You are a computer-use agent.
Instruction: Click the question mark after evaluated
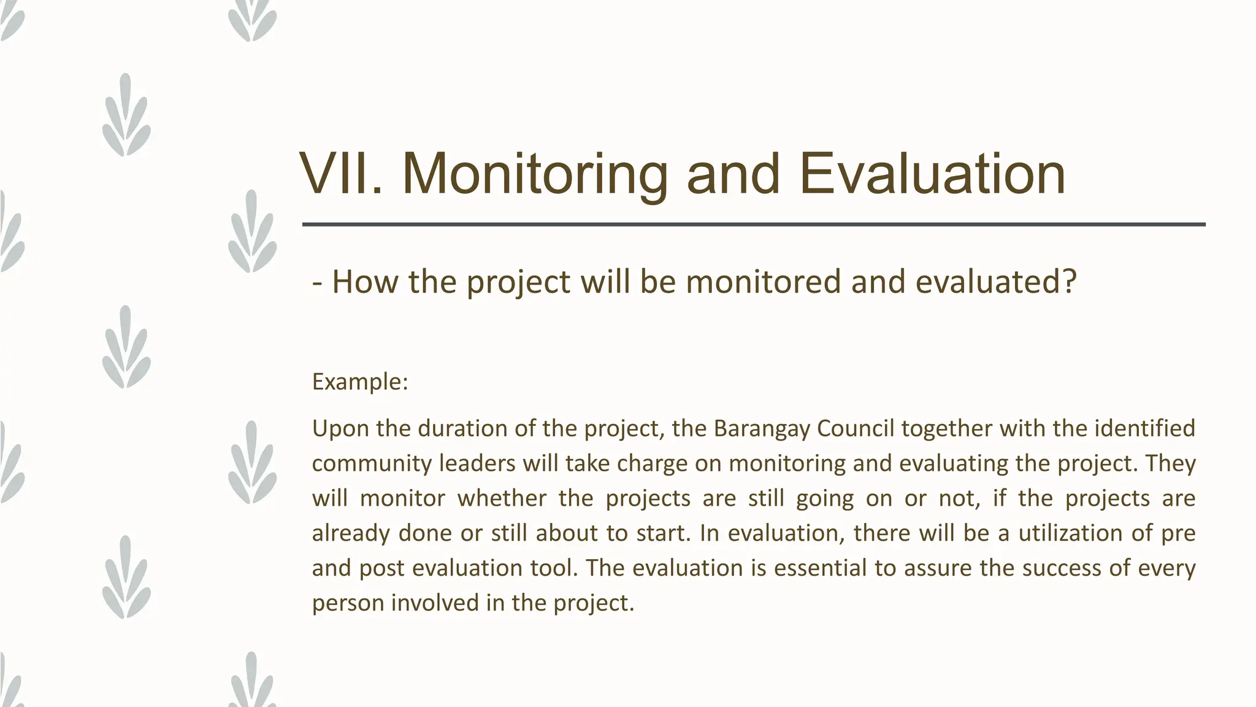tap(1070, 282)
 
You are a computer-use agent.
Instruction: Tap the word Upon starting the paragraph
tap(340, 428)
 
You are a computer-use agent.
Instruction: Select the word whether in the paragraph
tap(502, 498)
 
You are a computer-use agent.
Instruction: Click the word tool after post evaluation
tap(554, 568)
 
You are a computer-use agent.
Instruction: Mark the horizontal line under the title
tap(754, 225)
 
